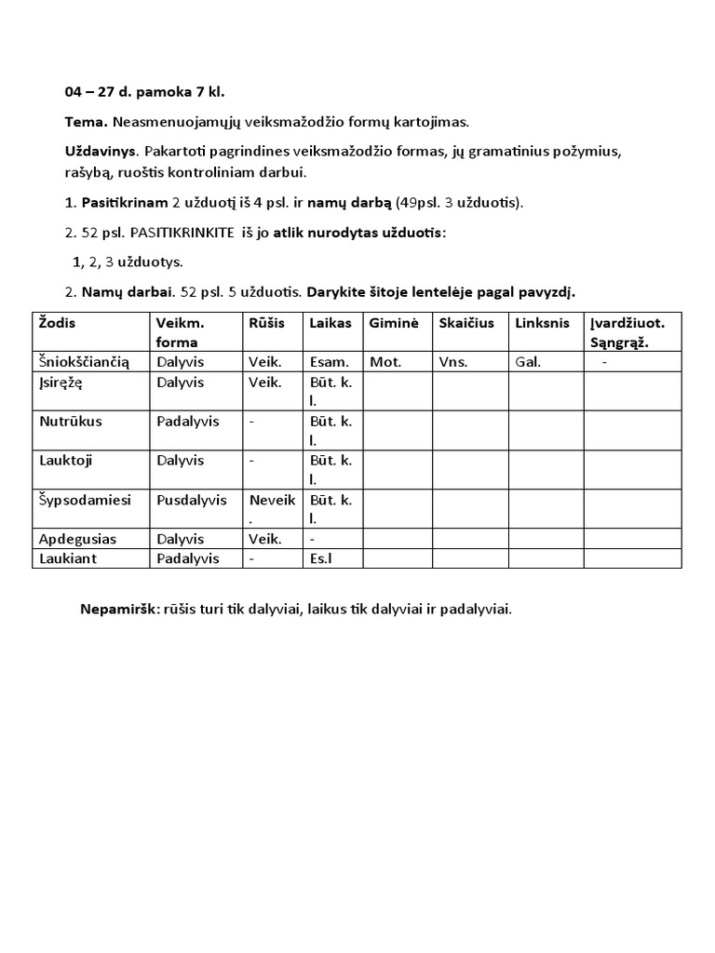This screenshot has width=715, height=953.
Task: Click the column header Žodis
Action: (58, 322)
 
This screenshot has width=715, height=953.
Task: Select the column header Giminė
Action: (394, 322)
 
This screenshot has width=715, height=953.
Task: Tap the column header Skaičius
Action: (465, 322)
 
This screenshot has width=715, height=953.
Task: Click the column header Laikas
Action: (331, 322)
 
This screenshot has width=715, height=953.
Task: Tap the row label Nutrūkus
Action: (71, 421)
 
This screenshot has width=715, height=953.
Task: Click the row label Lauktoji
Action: (65, 460)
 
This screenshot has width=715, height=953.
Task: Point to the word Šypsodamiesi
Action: (86, 499)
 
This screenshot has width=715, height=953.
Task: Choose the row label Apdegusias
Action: (76, 538)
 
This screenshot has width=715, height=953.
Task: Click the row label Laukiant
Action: (69, 557)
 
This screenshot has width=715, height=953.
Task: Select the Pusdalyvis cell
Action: (191, 499)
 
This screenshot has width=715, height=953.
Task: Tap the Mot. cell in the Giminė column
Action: (385, 362)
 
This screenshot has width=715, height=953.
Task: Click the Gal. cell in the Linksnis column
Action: (527, 362)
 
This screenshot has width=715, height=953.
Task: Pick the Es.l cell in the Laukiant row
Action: (320, 557)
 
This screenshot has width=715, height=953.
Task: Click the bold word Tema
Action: (87, 122)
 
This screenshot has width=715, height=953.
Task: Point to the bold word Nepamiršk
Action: (120, 610)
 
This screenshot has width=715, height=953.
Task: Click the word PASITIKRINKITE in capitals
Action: (182, 233)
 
